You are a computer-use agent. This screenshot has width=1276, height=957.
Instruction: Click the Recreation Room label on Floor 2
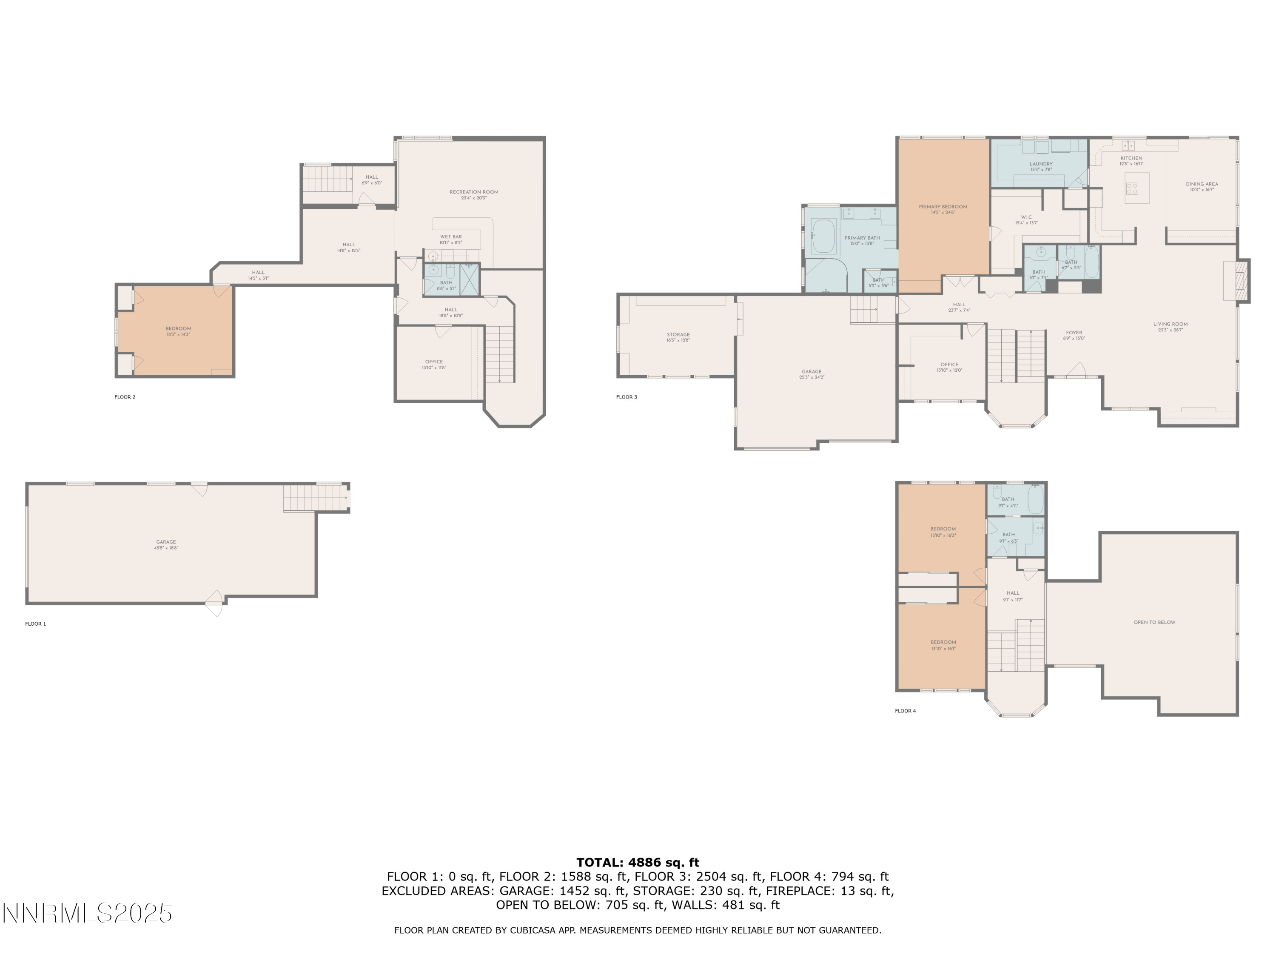coord(473,194)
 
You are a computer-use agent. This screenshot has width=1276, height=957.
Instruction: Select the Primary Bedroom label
coord(943,209)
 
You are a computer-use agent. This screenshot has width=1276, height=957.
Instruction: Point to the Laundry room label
coord(1041,166)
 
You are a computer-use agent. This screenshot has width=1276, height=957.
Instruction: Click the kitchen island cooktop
coord(1132,188)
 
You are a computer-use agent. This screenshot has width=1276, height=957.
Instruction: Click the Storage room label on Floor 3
coord(678,337)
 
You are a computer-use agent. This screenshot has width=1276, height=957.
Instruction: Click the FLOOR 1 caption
coord(35,624)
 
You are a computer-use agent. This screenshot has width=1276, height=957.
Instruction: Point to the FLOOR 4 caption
coord(905,711)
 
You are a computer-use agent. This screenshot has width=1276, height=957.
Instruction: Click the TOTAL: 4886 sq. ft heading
coord(638,863)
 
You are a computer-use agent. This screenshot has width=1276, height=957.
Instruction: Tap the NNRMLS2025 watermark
coord(88,913)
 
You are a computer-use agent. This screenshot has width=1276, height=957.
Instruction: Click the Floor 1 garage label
coord(166,544)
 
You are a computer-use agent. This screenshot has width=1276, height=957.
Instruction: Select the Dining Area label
coord(1202,186)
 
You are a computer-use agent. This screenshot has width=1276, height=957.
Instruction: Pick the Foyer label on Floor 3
coord(1074,335)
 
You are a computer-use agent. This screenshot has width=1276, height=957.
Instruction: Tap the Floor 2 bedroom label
coord(178,331)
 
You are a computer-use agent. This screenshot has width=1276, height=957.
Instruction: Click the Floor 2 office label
coord(434,364)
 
